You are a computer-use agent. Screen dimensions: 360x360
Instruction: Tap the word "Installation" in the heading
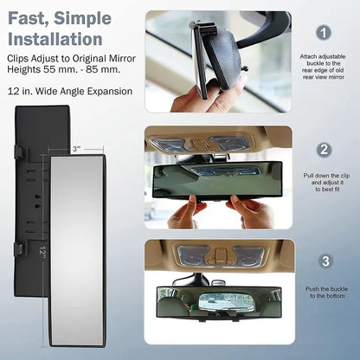tap(55, 38)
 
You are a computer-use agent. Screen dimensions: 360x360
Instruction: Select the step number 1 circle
tap(324, 33)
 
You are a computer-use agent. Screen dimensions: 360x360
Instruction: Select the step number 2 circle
tap(324, 148)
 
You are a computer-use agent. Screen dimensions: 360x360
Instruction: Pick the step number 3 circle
tap(324, 260)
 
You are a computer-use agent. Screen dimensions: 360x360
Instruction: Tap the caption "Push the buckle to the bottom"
tap(324, 292)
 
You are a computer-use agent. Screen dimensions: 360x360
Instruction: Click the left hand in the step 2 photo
tap(184, 210)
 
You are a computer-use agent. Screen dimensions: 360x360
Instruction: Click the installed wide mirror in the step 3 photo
tap(218, 303)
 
